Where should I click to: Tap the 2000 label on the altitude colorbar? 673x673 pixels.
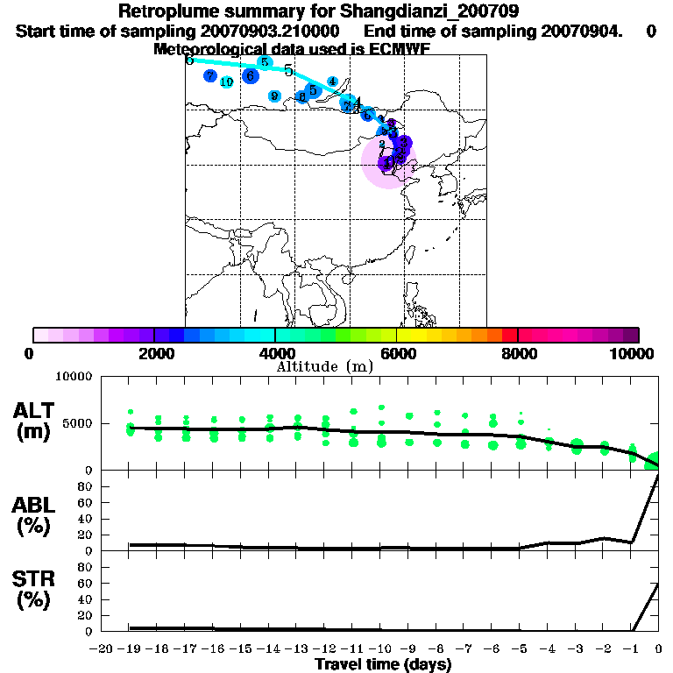pyautogui.click(x=154, y=353)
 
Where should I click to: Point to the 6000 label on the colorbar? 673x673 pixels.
pyautogui.click(x=397, y=353)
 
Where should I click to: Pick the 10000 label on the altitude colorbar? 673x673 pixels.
pyautogui.click(x=634, y=353)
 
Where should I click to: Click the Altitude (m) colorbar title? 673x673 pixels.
pyautogui.click(x=325, y=366)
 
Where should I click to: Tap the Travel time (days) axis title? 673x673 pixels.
pyautogui.click(x=383, y=664)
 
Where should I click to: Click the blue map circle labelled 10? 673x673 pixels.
pyautogui.click(x=226, y=82)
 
